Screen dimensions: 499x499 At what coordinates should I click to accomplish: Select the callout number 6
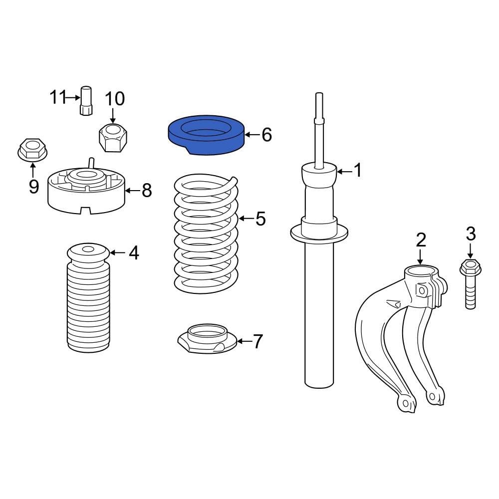tap(266, 135)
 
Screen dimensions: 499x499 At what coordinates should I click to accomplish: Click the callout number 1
tap(357, 171)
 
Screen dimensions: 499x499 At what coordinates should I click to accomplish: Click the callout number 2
tap(421, 240)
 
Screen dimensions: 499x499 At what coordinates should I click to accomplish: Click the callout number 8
tap(146, 190)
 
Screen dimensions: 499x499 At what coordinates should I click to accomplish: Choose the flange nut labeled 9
tap(32, 150)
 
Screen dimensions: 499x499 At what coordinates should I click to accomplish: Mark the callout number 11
tap(57, 97)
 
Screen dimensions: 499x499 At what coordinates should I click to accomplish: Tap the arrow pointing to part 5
tap(245, 219)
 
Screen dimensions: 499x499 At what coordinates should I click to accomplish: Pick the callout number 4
tap(133, 253)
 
